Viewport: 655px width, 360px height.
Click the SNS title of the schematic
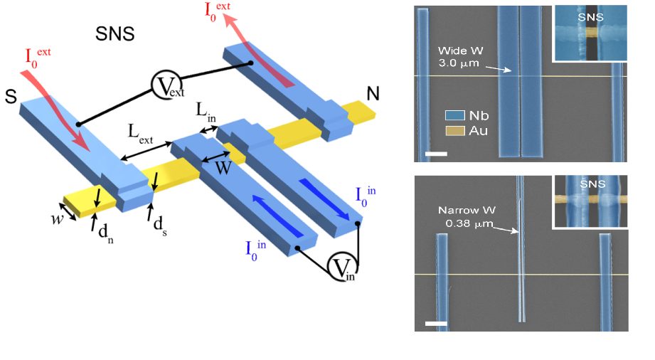tap(115, 33)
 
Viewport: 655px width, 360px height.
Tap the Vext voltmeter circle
tap(166, 85)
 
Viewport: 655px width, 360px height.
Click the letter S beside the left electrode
tap(11, 97)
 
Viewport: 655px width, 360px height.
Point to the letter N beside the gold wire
tap(373, 94)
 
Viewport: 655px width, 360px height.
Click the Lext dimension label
tap(140, 133)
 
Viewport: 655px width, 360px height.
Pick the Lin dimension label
tap(206, 112)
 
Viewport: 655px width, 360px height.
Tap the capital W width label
tap(223, 168)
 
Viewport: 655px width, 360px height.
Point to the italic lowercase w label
tap(57, 218)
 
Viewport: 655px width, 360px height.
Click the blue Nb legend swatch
tap(454, 115)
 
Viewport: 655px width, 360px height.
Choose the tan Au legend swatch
tap(454, 131)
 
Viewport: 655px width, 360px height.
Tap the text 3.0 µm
tap(458, 63)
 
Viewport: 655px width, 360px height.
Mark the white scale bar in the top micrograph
tap(436, 154)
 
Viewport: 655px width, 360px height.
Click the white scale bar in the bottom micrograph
tap(436, 323)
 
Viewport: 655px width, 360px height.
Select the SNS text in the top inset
tap(591, 17)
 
